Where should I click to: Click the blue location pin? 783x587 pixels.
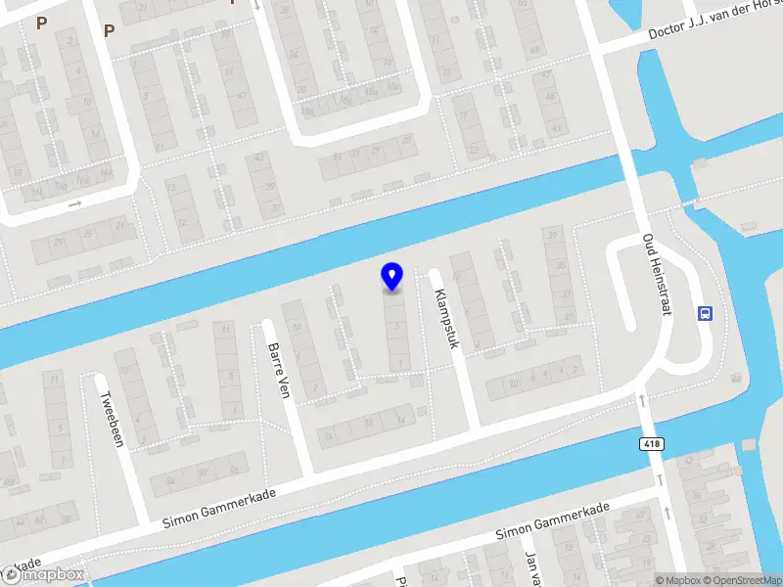391,276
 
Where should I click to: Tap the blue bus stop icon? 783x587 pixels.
705,314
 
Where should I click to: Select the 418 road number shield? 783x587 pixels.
650,444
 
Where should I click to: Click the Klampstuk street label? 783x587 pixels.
446,319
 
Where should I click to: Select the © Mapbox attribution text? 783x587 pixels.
676,580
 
